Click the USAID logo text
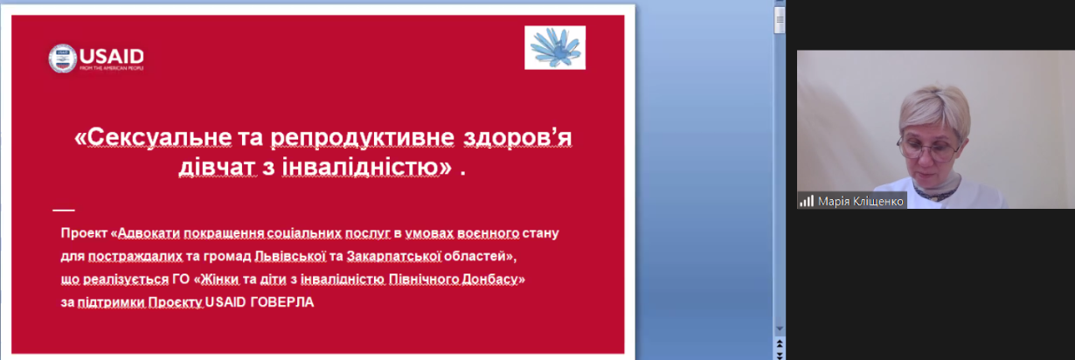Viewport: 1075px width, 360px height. click(x=111, y=57)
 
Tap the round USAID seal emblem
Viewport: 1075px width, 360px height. click(x=62, y=59)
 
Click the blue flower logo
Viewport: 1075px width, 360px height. click(x=555, y=47)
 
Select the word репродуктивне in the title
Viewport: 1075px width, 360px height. click(x=363, y=138)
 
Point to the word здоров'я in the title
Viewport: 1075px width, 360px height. click(x=517, y=137)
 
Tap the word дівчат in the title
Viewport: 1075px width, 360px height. click(x=218, y=167)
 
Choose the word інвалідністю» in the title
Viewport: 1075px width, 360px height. click(x=367, y=167)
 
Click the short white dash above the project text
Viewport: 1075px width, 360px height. click(x=64, y=210)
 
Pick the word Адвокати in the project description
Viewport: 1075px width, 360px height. click(x=149, y=233)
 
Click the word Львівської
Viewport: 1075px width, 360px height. click(x=290, y=256)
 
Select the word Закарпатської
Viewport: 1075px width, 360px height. click(x=393, y=256)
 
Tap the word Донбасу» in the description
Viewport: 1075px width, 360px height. click(x=494, y=280)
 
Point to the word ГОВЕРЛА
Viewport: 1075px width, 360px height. click(x=282, y=302)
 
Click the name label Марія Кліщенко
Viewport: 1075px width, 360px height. click(x=861, y=201)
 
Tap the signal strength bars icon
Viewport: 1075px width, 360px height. click(x=807, y=201)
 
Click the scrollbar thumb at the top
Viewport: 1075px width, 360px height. click(x=780, y=19)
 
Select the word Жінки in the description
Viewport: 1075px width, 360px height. click(x=219, y=280)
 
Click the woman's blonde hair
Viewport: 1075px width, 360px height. click(x=933, y=111)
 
